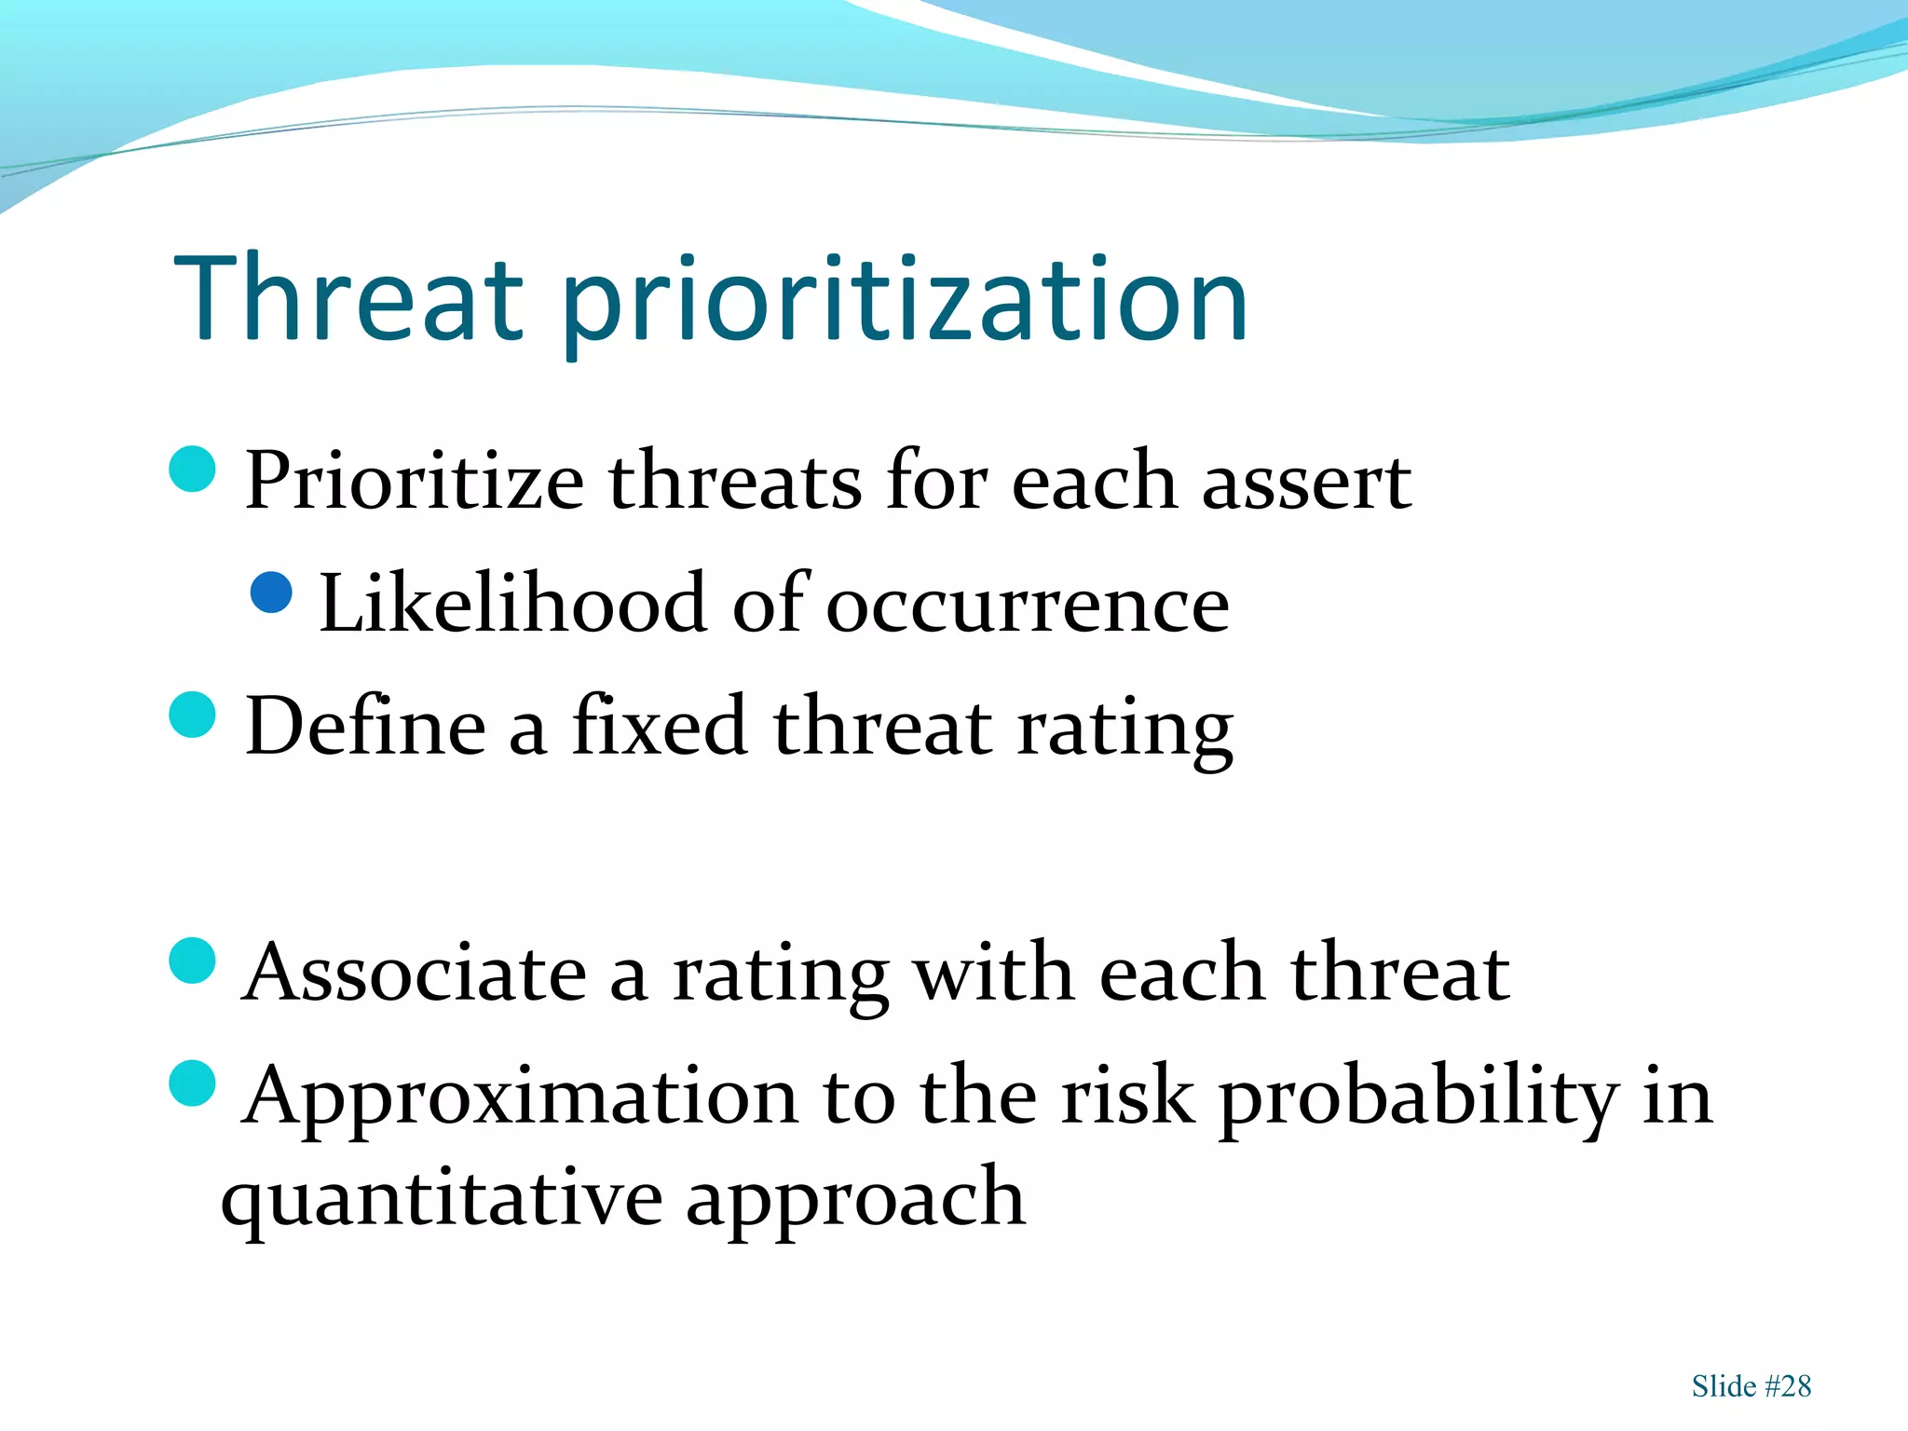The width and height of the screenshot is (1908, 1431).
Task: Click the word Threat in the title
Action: coord(349,300)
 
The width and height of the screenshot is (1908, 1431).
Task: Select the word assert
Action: coord(1306,483)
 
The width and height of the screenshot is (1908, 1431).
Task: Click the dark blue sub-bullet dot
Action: coord(272,593)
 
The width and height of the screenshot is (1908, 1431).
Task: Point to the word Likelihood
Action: coord(512,604)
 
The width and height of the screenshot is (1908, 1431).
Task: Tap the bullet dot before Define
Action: coord(193,715)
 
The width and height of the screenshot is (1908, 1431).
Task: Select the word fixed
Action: coord(659,726)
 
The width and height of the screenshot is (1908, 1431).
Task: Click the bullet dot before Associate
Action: coord(193,961)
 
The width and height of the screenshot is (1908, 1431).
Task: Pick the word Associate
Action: coord(415,973)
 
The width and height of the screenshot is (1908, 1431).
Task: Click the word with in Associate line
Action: coord(993,973)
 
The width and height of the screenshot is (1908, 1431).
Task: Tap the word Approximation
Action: coord(520,1097)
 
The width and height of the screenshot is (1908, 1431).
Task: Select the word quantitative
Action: coord(441,1199)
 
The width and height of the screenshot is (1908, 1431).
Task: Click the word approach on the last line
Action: coord(855,1199)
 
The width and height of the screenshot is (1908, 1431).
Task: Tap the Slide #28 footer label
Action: coord(1751,1386)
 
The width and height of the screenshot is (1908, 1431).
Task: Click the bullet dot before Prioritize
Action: coord(193,469)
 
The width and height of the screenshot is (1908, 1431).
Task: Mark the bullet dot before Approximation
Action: coord(193,1083)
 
